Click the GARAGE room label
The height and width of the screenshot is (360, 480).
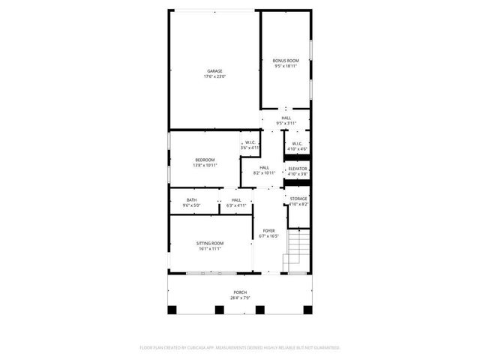pos(214,71)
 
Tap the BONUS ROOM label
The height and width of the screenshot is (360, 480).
pos(286,60)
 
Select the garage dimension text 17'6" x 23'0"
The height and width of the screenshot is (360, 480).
pos(214,76)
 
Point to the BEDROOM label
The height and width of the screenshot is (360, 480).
pos(205,160)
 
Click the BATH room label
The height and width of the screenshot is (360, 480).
pos(192,199)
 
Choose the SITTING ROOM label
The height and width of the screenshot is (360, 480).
pos(211,244)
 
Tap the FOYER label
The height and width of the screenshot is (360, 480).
pos(268,230)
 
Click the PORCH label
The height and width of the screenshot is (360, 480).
pos(240,292)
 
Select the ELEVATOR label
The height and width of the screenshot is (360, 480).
pos(298,169)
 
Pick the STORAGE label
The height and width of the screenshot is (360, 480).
pos(298,199)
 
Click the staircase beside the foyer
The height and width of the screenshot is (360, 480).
pos(298,251)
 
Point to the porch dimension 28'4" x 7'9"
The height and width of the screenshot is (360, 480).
pos(240,298)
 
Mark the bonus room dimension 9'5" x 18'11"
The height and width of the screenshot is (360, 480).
pos(286,65)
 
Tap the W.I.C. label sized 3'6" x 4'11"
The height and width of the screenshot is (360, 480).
pos(250,143)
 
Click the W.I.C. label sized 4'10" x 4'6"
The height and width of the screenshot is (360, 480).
pos(297,143)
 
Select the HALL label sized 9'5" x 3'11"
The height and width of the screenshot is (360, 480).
pos(286,118)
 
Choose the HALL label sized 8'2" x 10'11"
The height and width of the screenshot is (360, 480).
pos(264,167)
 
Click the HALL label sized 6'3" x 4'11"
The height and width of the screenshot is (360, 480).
pos(236,199)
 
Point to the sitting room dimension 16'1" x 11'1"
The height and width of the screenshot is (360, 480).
pos(211,249)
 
